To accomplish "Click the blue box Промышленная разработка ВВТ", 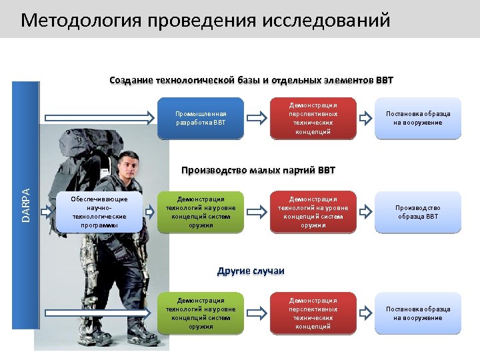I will [x=201, y=118].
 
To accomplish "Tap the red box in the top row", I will [x=313, y=118].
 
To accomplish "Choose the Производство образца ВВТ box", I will [x=418, y=212].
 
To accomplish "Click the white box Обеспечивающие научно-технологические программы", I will [x=99, y=212].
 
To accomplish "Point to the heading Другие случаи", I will [x=251, y=271].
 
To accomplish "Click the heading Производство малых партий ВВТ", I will [x=258, y=170].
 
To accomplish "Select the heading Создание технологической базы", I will [x=251, y=81].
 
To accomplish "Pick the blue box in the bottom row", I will [x=201, y=313].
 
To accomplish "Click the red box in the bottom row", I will [x=313, y=313].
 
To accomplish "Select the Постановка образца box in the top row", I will [x=418, y=118].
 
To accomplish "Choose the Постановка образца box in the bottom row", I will [x=418, y=313].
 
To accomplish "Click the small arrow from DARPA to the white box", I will [x=48, y=212].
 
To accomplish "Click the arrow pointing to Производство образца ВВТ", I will [x=365, y=212].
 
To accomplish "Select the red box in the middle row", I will [x=313, y=212].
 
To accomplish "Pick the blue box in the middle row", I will [x=201, y=212].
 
